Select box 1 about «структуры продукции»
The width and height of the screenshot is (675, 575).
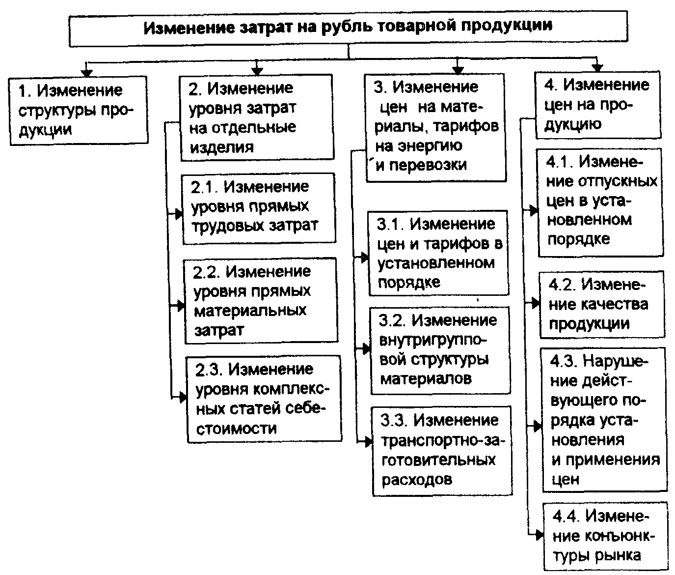point(79,111)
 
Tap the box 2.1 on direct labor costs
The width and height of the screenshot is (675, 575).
point(259,209)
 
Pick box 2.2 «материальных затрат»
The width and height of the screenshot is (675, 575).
point(261,301)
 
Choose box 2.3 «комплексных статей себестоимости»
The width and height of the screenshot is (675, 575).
point(264,399)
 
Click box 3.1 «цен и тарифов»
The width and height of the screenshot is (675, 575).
point(438,253)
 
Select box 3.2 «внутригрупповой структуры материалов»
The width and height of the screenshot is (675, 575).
point(440,350)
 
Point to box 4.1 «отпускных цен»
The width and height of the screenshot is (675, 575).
point(600,202)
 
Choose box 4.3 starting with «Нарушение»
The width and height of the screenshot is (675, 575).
point(604,420)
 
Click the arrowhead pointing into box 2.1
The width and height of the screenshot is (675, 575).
point(179,214)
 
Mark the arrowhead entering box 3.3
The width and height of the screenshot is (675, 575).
point(368,442)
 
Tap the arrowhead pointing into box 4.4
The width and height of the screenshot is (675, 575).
point(540,536)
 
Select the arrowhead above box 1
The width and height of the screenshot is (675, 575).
point(86,73)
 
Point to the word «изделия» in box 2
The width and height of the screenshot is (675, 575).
point(222,147)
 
